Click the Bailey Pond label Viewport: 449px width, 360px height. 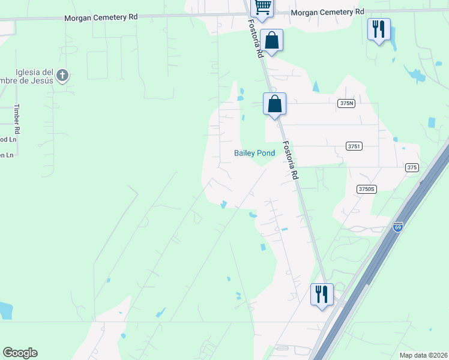pos(254,153)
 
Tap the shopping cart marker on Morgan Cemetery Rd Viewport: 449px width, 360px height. pos(262,8)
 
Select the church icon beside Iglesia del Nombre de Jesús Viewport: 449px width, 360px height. pos(62,76)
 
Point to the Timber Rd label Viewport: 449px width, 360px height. pos(17,119)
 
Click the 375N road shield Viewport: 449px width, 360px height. pos(346,103)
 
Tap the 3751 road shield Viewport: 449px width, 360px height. pos(354,146)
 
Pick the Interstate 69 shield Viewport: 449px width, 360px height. pos(397,226)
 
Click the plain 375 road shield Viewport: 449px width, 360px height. pos(411,167)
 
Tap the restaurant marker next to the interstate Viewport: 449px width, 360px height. pos(322,295)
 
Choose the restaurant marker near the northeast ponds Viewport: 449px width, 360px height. pos(379,29)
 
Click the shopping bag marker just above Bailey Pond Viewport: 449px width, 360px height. pos(274,103)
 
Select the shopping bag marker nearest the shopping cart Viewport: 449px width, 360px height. pos(271,41)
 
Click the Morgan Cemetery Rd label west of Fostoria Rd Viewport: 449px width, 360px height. pos(101,17)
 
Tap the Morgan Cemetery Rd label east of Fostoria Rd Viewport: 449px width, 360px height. pos(327,11)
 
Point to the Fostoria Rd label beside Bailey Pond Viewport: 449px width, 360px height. pos(291,160)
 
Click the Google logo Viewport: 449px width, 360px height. pos(20,353)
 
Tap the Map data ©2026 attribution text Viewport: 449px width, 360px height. pos(423,355)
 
